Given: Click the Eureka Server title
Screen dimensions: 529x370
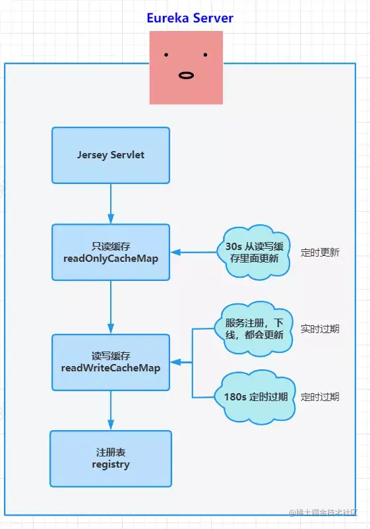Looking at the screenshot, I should tap(190, 18).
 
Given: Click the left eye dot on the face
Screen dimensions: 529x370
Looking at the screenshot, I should tap(166, 55).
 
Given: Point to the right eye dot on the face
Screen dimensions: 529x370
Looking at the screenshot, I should tap(206, 55).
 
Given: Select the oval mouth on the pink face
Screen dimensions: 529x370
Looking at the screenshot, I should tap(187, 75).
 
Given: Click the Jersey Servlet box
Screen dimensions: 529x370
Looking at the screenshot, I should tap(111, 155).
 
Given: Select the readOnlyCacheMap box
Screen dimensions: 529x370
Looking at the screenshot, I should tap(111, 252).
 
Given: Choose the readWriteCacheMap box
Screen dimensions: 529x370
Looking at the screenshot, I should tap(111, 362).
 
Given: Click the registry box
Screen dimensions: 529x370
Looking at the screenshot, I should tap(111, 458).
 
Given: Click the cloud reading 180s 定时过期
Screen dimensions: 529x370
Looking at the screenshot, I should tap(255, 397).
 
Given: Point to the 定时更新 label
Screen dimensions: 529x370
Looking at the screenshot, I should tap(320, 252).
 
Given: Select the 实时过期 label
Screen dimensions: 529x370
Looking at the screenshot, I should tap(320, 328).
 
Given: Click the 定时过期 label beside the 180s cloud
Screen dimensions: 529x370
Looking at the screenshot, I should tap(320, 397).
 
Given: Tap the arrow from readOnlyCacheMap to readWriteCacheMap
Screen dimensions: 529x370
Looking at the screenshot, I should tap(111, 307).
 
